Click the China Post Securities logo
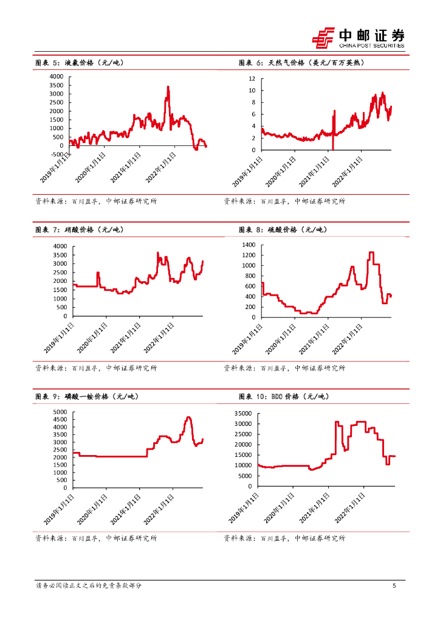click(x=358, y=38)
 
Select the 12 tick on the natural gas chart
click(x=252, y=79)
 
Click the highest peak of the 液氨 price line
click(x=168, y=87)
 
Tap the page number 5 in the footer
click(x=394, y=586)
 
